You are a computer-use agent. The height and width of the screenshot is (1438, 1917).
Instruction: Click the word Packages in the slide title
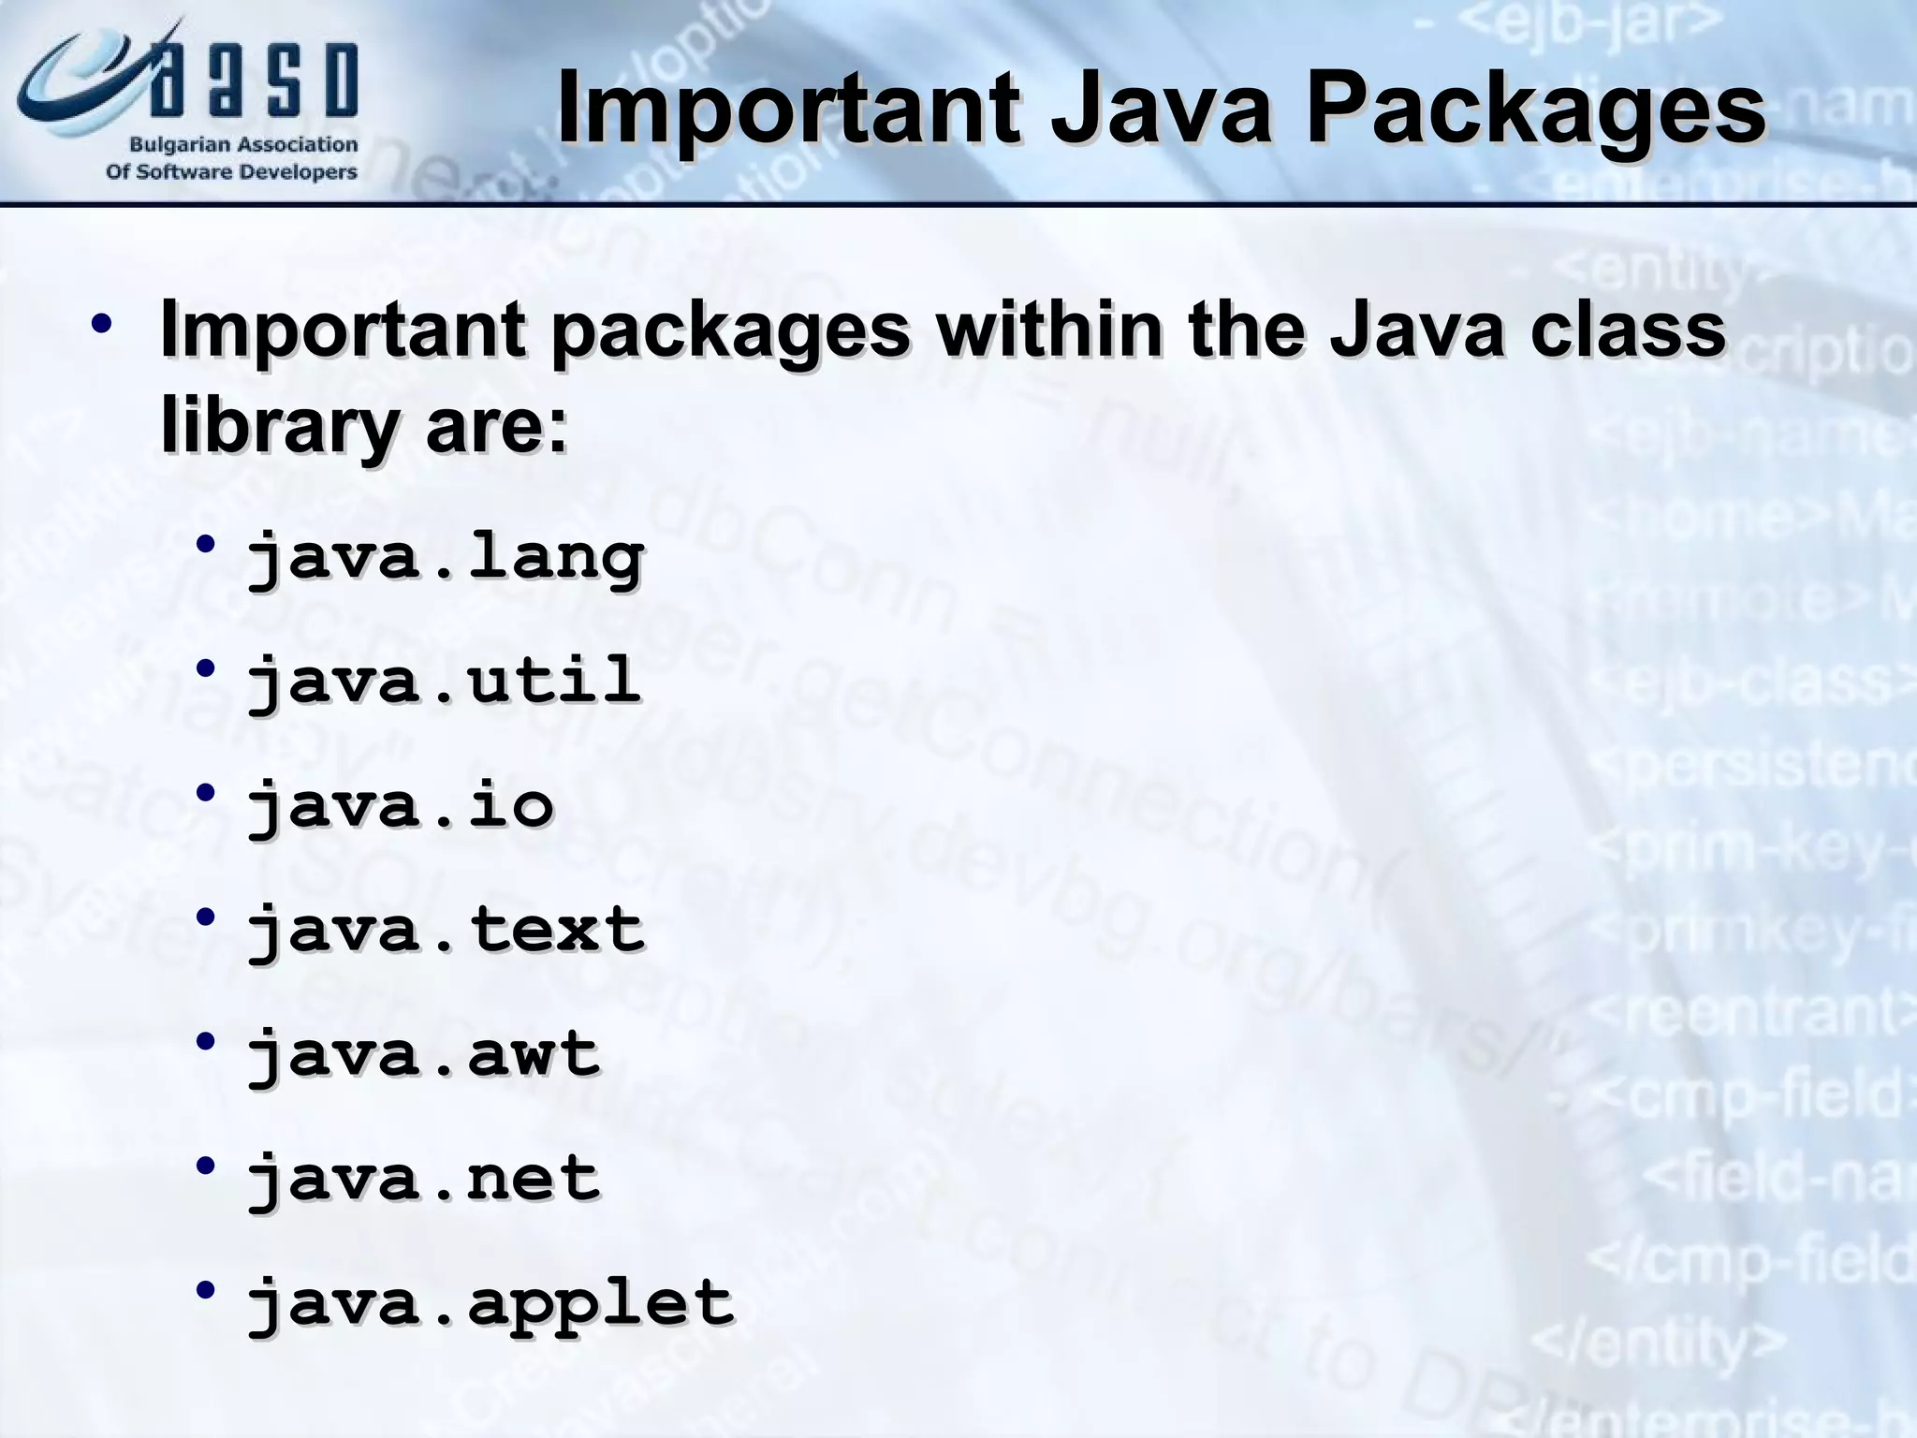[x=1535, y=110]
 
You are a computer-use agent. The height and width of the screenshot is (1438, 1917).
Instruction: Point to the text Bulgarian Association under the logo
[x=243, y=145]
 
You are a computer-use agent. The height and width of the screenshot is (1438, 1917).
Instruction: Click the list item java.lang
[x=446, y=558]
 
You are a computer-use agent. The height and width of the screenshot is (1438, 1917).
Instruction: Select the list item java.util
[x=444, y=681]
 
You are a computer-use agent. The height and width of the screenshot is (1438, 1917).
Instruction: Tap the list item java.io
[x=401, y=805]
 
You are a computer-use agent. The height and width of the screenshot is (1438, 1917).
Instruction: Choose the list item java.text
[x=446, y=930]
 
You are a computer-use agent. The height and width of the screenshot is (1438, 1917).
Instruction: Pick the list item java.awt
[x=423, y=1054]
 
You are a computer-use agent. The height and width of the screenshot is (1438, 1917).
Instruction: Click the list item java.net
[x=423, y=1178]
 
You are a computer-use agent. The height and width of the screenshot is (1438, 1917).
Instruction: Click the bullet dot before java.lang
[x=206, y=544]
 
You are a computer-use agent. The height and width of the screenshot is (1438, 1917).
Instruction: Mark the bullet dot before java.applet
[x=206, y=1290]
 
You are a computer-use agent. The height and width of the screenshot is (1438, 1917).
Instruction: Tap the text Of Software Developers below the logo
[x=231, y=172]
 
